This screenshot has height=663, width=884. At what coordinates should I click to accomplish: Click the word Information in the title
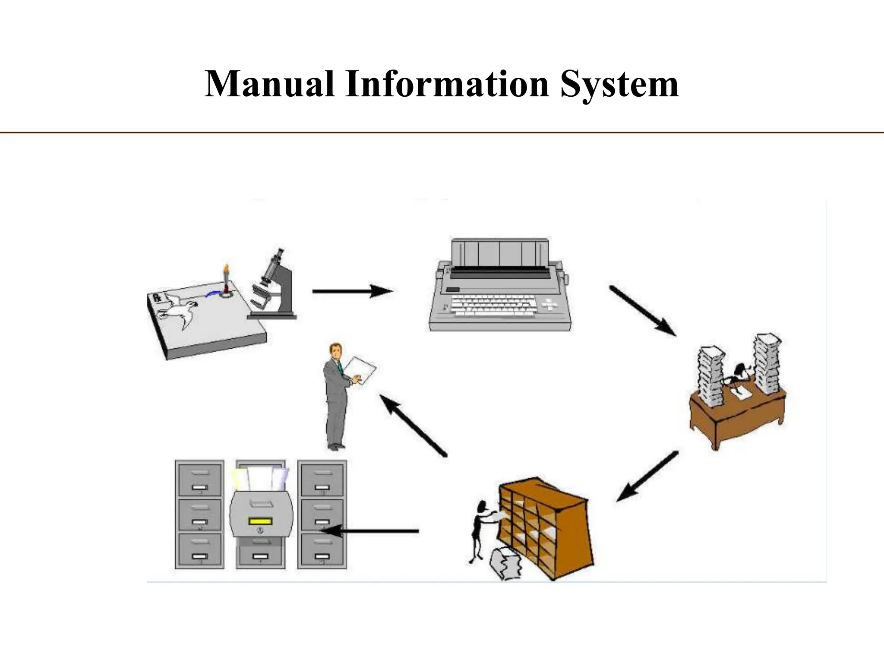447,84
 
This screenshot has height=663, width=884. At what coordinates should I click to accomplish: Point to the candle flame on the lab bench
225,268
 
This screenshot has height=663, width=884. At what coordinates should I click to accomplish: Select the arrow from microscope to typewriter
352,291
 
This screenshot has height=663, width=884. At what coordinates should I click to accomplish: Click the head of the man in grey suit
334,349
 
